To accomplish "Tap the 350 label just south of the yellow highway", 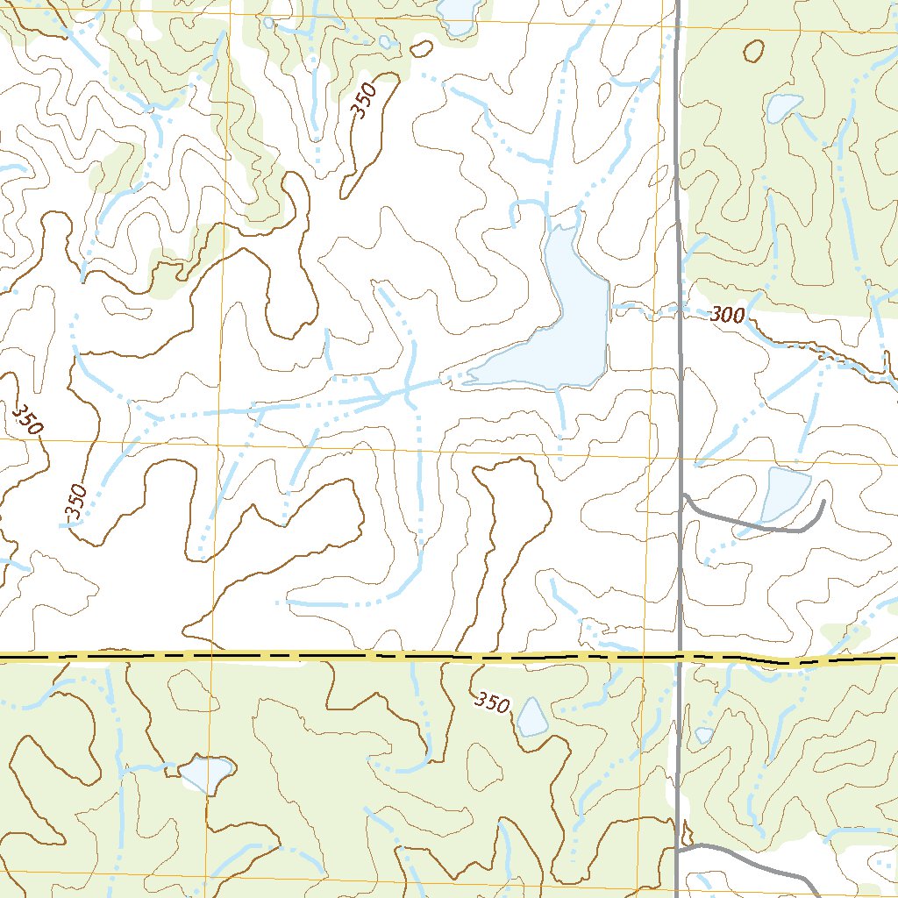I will [x=493, y=702].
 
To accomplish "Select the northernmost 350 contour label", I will [x=364, y=100].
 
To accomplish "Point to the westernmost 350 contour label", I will [x=27, y=419].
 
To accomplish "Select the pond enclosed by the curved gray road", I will [x=785, y=495].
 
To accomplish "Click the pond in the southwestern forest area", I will [x=206, y=773].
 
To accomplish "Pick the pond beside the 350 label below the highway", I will [x=531, y=717].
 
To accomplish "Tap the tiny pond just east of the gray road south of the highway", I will [x=704, y=735].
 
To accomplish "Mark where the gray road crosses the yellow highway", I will [x=681, y=655].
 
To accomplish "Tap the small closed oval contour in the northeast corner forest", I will [x=752, y=51].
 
